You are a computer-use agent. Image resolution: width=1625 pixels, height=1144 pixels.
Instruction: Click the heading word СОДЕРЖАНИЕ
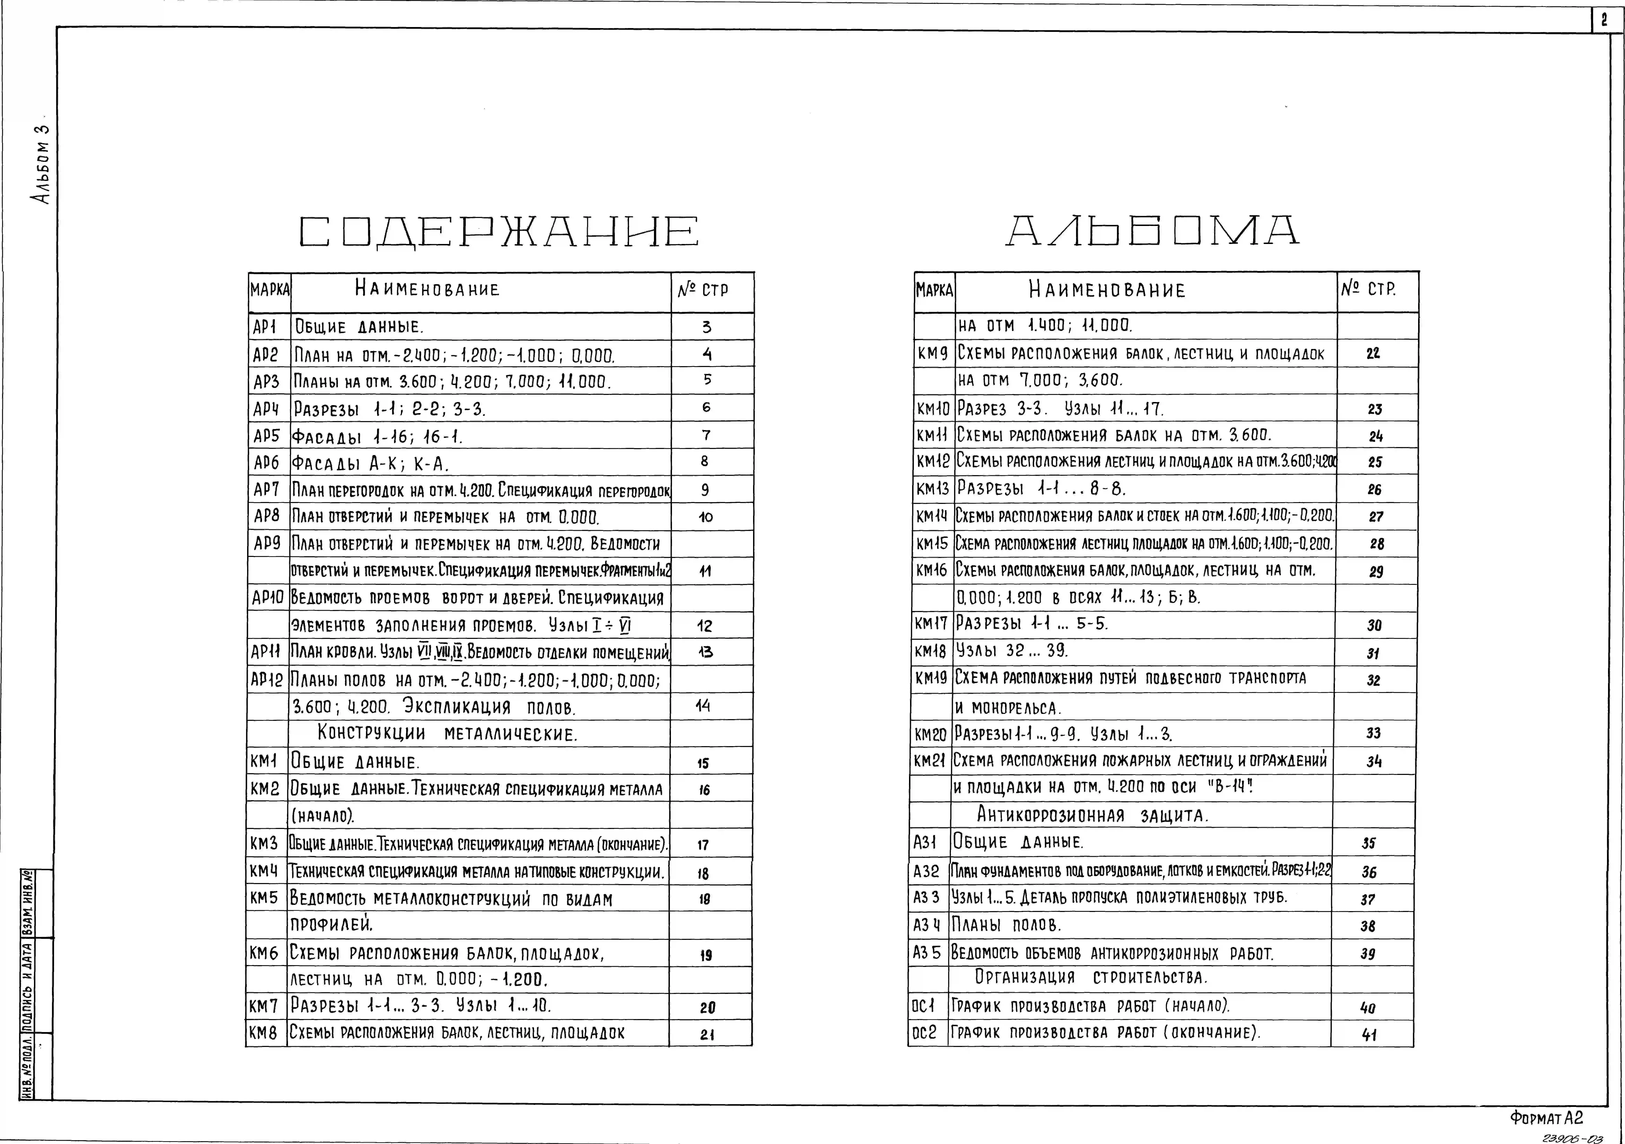[499, 232]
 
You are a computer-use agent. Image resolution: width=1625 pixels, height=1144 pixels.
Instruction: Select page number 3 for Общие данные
[706, 327]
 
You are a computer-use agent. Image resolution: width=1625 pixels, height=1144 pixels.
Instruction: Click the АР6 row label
[267, 463]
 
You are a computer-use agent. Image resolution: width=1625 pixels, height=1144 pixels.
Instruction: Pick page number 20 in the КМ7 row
[707, 1007]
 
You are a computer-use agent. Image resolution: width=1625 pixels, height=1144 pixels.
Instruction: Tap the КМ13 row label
[933, 488]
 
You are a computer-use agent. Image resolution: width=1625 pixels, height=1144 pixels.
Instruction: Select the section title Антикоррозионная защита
[1093, 815]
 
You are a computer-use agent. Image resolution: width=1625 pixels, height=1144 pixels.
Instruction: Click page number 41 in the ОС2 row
[1369, 1034]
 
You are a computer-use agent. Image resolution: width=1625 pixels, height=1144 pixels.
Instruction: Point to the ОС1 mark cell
[924, 1006]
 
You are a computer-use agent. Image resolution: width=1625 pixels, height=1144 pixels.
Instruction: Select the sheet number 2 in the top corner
[1604, 21]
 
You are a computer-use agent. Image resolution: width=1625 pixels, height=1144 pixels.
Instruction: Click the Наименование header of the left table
[427, 289]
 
